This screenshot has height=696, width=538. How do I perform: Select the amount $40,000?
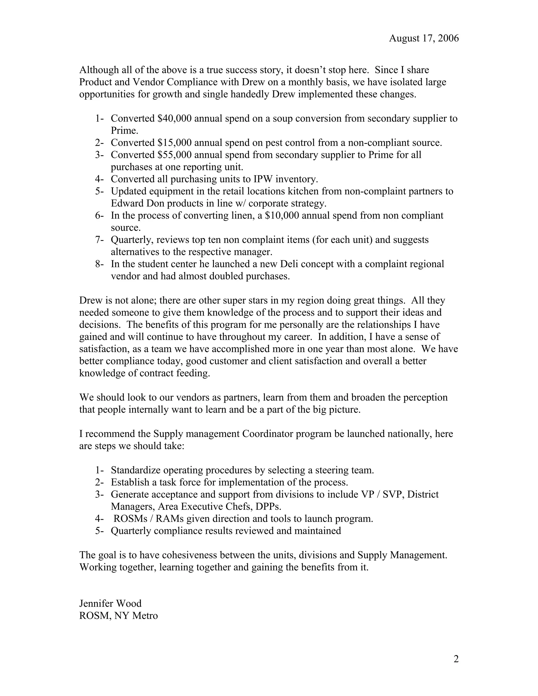point(174,118)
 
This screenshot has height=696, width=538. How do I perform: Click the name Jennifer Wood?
point(110,603)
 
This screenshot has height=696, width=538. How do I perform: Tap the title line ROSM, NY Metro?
point(118,615)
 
